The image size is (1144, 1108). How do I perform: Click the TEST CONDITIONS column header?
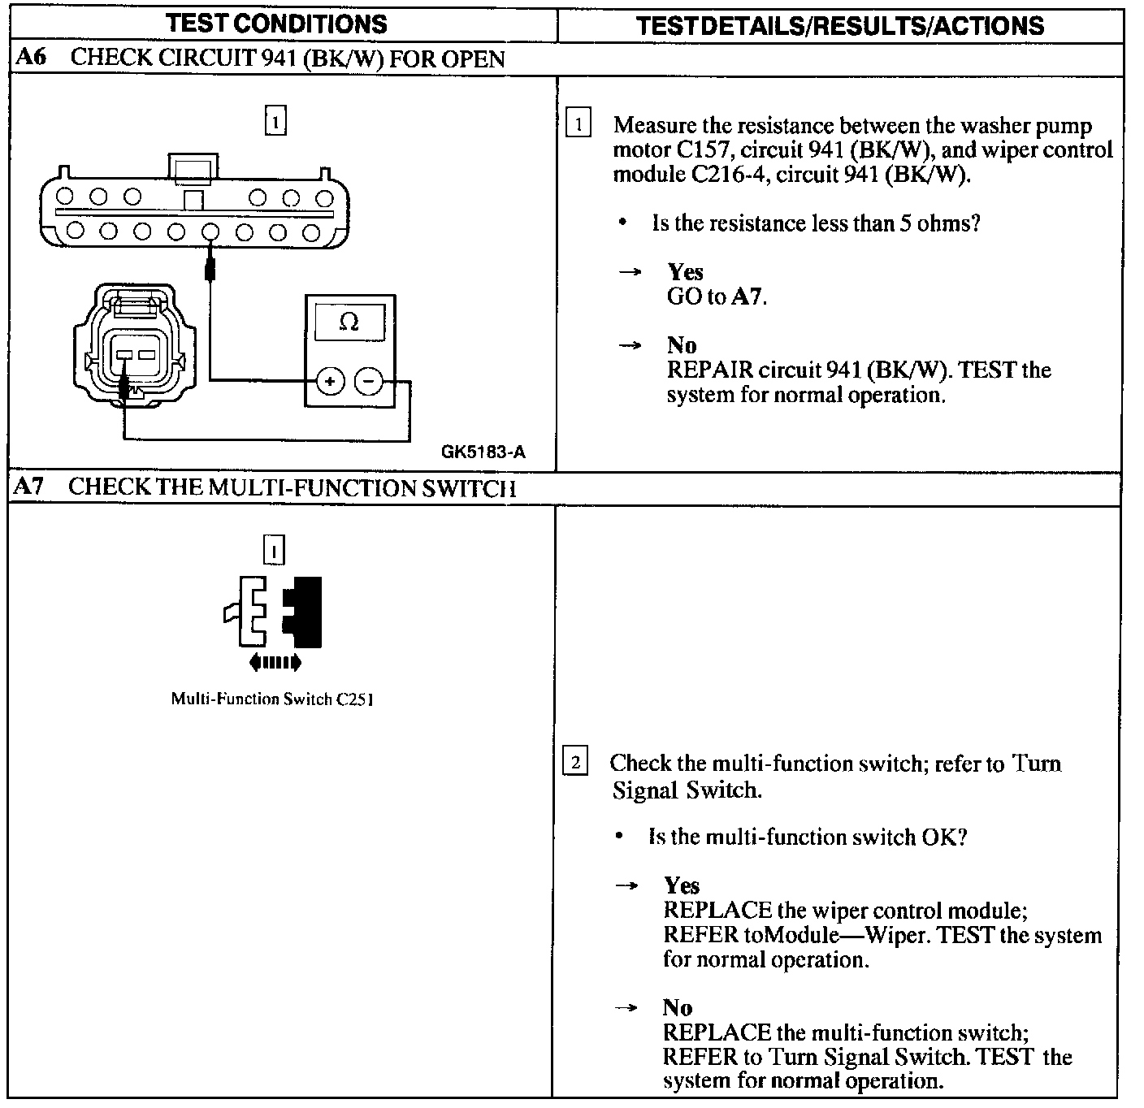coord(277,24)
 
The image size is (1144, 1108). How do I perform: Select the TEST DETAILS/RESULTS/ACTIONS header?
coord(840,25)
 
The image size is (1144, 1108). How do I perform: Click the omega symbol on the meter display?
coord(349,322)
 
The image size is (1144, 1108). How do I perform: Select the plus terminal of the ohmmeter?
coord(330,380)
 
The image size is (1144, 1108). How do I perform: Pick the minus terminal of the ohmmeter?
coord(370,380)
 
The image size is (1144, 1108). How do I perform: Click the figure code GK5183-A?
coord(483,452)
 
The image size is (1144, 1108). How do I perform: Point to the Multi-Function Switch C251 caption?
coord(271,699)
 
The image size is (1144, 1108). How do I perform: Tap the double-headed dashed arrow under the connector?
coord(275,663)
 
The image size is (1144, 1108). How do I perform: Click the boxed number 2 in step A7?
coord(575,763)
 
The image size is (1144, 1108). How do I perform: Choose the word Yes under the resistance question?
coord(685,272)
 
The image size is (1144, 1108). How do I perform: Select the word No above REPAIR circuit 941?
coord(682,345)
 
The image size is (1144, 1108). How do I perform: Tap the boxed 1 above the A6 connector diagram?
coord(276,122)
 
